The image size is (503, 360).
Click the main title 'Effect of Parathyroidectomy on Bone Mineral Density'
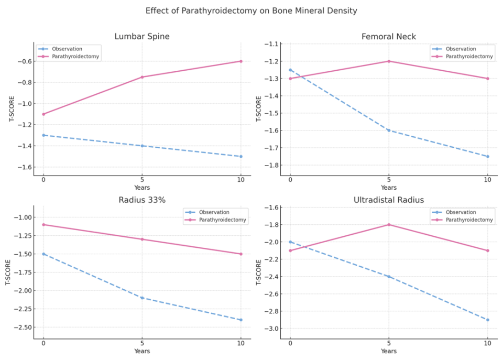pos(251,10)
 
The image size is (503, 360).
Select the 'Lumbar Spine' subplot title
pos(141,36)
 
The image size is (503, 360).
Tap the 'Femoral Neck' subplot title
pos(388,36)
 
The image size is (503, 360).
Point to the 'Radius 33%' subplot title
pos(141,200)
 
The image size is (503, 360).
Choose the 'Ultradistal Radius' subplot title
pos(388,200)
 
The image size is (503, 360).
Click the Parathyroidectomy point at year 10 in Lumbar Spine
pos(240,61)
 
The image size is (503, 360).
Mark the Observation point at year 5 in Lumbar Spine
pos(142,146)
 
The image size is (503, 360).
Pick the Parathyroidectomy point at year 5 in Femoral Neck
pos(389,61)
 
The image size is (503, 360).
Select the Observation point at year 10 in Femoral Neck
pos(487,156)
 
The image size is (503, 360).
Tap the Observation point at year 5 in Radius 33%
pos(142,298)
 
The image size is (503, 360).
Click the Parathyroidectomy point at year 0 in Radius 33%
pos(43,224)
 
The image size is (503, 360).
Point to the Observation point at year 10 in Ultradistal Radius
pos(487,320)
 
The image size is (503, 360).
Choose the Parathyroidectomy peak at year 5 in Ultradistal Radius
pos(389,224)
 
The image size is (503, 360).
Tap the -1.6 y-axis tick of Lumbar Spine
pos(24,167)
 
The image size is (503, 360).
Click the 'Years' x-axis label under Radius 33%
pos(141,351)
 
